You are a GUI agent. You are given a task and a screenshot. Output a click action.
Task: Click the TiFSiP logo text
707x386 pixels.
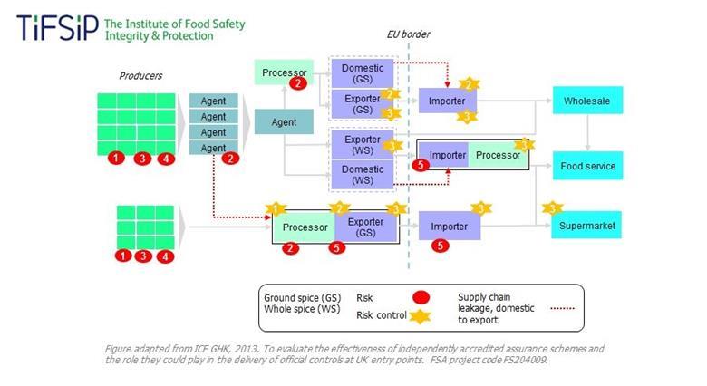[x=56, y=28]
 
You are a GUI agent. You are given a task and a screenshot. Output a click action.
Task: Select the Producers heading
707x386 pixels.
[x=141, y=75]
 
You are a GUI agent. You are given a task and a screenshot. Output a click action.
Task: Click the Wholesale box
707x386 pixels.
[x=588, y=101]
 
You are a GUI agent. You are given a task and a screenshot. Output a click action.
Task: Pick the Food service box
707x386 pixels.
[x=588, y=166]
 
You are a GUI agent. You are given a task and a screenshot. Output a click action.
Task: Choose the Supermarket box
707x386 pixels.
[x=588, y=225]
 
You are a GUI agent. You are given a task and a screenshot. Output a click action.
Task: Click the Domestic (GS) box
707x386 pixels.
[x=363, y=73]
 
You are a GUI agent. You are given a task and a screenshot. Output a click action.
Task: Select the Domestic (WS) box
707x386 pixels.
[x=363, y=175]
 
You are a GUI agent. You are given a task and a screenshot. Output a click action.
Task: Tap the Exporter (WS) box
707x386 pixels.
[x=363, y=145]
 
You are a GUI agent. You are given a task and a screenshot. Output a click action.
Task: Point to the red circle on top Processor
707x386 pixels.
[x=296, y=83]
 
